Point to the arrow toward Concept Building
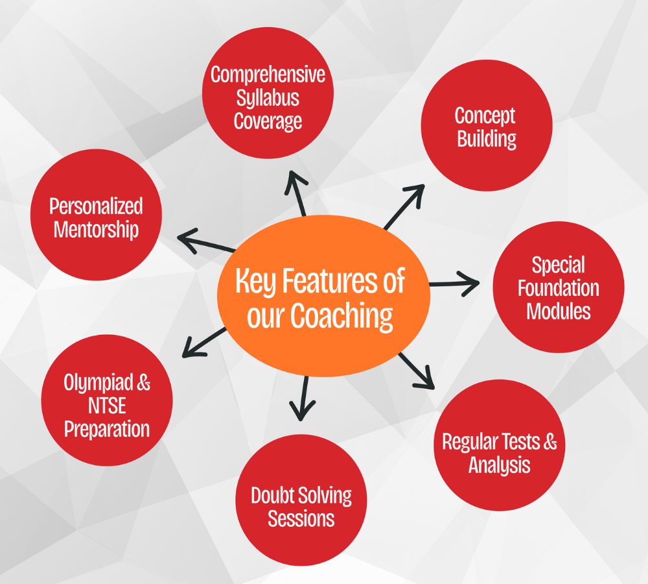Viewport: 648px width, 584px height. pyautogui.click(x=404, y=206)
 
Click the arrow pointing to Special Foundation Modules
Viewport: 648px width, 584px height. pyautogui.click(x=454, y=284)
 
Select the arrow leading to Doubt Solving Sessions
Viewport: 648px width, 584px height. pyautogui.click(x=303, y=396)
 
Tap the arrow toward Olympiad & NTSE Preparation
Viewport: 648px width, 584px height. pyautogui.click(x=203, y=343)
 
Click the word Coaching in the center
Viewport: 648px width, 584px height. pyautogui.click(x=341, y=316)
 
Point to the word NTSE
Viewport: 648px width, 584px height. pyautogui.click(x=107, y=406)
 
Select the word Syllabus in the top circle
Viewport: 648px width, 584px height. pyautogui.click(x=268, y=98)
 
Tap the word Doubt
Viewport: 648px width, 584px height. pyautogui.click(x=273, y=496)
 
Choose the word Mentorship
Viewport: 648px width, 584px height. pyautogui.click(x=96, y=230)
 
